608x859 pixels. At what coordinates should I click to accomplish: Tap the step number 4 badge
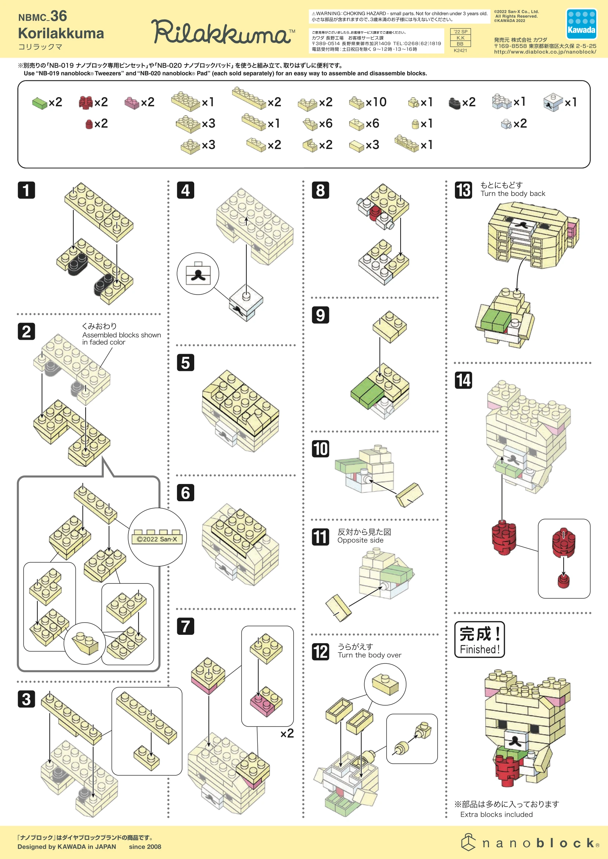(x=185, y=190)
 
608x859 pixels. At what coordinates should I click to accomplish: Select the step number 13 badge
(x=463, y=190)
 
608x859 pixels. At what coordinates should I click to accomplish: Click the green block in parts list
(x=39, y=103)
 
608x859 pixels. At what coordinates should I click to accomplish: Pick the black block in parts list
(x=454, y=103)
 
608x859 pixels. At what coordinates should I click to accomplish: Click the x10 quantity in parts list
(x=376, y=102)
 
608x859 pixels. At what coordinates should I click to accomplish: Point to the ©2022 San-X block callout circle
(x=157, y=537)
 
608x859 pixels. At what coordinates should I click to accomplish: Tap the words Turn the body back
(x=513, y=193)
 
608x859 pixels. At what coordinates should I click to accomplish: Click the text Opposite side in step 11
(x=360, y=540)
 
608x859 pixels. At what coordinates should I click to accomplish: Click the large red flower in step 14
(x=504, y=538)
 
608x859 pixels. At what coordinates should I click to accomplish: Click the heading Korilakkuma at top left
(x=61, y=33)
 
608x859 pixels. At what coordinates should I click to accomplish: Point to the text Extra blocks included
(x=496, y=815)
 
